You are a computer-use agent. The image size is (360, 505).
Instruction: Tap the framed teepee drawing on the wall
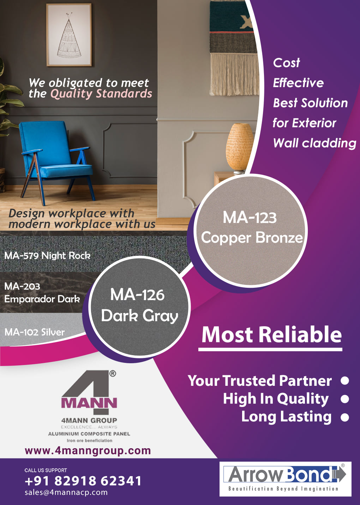point(69,35)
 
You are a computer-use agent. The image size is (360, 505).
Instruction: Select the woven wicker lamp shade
point(240,147)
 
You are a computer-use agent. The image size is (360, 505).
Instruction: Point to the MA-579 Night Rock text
point(47,256)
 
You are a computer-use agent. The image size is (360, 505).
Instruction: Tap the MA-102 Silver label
point(35,332)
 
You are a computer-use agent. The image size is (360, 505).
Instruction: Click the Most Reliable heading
point(271,335)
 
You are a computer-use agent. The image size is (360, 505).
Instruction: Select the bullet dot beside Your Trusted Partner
point(345,381)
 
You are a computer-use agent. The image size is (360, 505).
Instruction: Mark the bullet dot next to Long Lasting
point(345,417)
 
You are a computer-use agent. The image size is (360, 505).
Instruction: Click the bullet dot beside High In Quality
point(345,399)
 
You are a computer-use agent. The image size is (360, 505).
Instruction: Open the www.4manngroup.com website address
point(88,451)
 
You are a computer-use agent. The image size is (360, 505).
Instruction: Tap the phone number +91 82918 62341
point(83,481)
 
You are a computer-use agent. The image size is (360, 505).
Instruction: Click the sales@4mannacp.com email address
point(66,492)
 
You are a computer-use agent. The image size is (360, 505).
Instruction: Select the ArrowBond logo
point(285,479)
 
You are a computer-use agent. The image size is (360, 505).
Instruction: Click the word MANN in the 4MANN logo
point(89,403)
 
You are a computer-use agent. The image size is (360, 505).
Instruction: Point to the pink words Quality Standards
point(101,94)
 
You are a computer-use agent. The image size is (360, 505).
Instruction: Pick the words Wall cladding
point(315,144)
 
